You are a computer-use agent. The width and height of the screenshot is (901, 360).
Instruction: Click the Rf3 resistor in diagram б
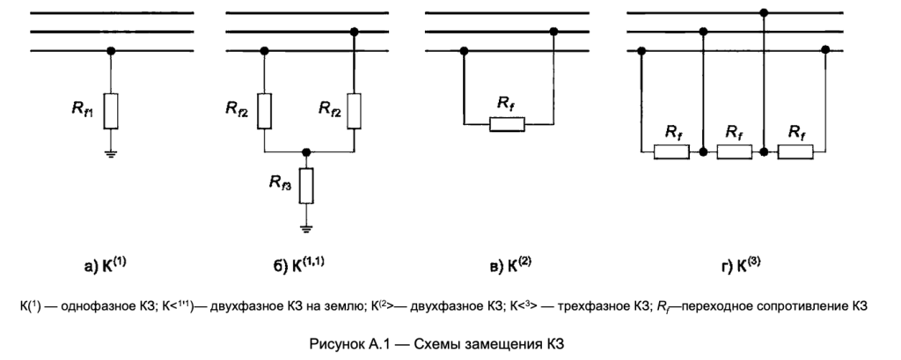[306, 184]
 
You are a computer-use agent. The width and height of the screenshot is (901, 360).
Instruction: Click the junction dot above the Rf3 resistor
[306, 152]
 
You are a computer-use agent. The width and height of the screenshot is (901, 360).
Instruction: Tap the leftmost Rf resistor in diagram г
[672, 152]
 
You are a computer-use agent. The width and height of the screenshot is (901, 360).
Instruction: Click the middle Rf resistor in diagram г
[734, 152]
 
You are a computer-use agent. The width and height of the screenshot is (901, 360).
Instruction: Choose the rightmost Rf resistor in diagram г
[796, 152]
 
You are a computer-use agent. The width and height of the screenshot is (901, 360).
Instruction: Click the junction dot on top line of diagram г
[764, 13]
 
